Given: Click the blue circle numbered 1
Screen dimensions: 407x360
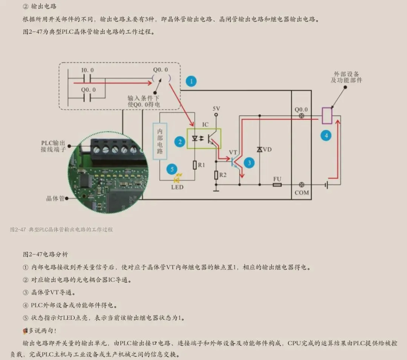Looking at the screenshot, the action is pyautogui.click(x=191, y=81).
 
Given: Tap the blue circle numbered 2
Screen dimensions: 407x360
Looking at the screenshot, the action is pyautogui.click(x=180, y=141).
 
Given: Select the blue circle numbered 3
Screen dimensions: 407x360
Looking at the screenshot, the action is pyautogui.click(x=249, y=163).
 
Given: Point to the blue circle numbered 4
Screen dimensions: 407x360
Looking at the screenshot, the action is pyautogui.click(x=326, y=135).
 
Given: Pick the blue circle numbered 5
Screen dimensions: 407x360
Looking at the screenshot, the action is pyautogui.click(x=172, y=169).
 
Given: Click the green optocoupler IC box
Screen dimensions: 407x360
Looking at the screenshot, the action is pyautogui.click(x=204, y=138).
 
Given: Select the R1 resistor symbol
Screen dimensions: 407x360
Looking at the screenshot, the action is pyautogui.click(x=195, y=165).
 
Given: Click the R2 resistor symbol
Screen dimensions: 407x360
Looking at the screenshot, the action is pyautogui.click(x=216, y=175).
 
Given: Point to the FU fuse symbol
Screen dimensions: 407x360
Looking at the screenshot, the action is pyautogui.click(x=277, y=185).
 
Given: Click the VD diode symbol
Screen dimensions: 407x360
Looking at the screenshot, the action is pyautogui.click(x=260, y=150).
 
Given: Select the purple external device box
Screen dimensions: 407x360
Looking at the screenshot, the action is pyautogui.click(x=327, y=115).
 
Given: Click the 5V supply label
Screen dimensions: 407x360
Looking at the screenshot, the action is pyautogui.click(x=216, y=109).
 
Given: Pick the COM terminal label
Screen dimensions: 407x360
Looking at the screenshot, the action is pyautogui.click(x=301, y=193).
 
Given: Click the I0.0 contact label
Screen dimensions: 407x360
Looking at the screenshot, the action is pyautogui.click(x=87, y=70).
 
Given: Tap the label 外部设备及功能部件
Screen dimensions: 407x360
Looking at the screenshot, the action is pyautogui.click(x=346, y=77).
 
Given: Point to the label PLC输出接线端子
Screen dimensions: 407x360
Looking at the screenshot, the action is pyautogui.click(x=53, y=146).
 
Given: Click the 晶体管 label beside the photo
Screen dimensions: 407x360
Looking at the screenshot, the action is pyautogui.click(x=55, y=198).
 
